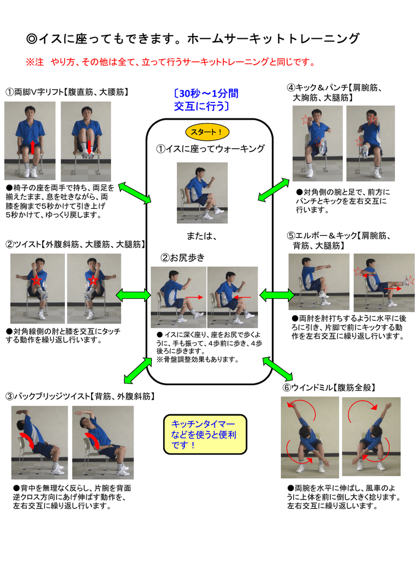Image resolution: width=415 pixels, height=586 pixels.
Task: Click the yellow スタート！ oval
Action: [207, 132]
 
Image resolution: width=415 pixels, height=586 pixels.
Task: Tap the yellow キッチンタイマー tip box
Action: [205, 434]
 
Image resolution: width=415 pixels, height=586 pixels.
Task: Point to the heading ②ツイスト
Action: [23, 244]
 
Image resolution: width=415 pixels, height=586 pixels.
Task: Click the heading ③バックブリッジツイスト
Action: [48, 396]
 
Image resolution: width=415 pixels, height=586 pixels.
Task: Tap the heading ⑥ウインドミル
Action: [308, 387]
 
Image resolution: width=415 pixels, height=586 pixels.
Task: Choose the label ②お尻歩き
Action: [183, 258]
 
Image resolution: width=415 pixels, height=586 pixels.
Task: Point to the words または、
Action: [201, 236]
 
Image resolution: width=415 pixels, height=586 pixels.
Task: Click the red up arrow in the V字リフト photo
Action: [33, 147]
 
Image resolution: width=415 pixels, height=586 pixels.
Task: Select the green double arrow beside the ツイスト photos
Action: [133, 295]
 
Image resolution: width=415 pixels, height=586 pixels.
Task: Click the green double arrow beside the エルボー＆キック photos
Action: [276, 295]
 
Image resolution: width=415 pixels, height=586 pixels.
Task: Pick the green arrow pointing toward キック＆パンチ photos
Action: [274, 190]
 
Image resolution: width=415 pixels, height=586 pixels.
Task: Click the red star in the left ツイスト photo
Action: [36, 279]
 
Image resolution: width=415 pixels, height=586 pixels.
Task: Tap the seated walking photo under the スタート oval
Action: [202, 193]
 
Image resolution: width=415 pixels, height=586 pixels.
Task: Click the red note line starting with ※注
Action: [171, 62]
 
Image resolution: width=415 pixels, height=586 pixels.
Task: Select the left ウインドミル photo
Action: [310, 437]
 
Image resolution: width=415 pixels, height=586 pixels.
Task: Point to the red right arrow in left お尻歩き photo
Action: [194, 298]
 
